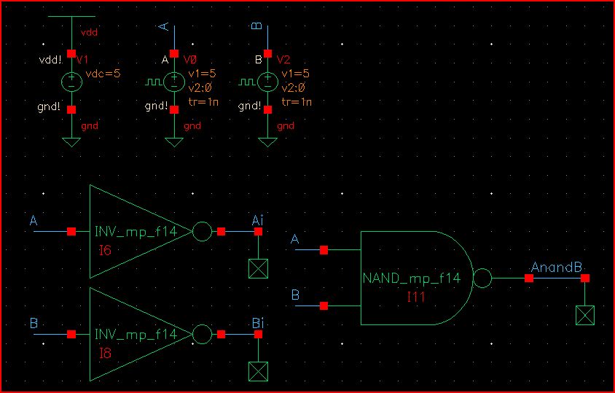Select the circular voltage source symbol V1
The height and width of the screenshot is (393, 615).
pyautogui.click(x=71, y=81)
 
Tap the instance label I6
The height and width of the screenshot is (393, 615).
pyautogui.click(x=106, y=250)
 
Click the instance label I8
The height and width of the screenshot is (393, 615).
pyautogui.click(x=106, y=353)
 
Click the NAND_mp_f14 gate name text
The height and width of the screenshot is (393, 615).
pyautogui.click(x=411, y=279)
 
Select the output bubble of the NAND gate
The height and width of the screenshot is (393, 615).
pyautogui.click(x=482, y=278)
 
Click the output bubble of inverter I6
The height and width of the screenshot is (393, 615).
pyautogui.click(x=202, y=231)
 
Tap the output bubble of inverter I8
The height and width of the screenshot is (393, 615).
pyautogui.click(x=202, y=334)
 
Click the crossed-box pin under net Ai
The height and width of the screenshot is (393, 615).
pyautogui.click(x=258, y=268)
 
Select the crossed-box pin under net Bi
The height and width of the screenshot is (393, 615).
pyautogui.click(x=258, y=371)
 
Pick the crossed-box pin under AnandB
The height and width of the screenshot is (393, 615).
pyautogui.click(x=584, y=315)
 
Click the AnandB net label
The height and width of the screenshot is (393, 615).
pyautogui.click(x=557, y=268)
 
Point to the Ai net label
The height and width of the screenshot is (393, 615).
pyautogui.click(x=257, y=219)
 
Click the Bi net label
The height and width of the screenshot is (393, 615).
pyautogui.click(x=257, y=323)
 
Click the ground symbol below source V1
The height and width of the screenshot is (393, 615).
pyautogui.click(x=71, y=141)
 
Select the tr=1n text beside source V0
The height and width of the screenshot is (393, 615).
pyautogui.click(x=203, y=101)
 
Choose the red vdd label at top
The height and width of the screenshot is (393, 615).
pyautogui.click(x=89, y=33)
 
